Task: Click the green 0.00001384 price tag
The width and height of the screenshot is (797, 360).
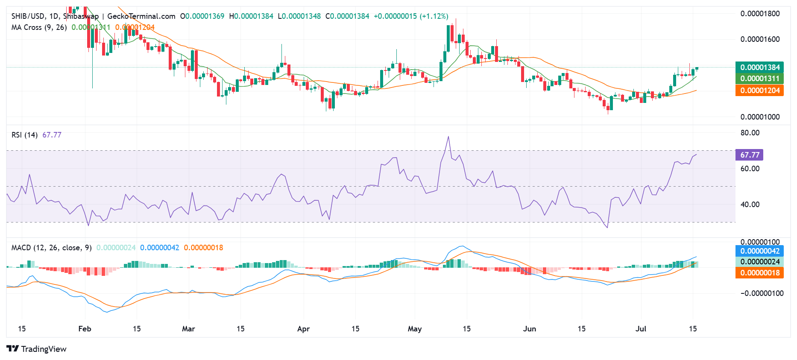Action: (759, 67)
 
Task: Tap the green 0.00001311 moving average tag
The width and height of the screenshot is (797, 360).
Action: (759, 79)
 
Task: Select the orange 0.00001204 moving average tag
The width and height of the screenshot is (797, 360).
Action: (759, 91)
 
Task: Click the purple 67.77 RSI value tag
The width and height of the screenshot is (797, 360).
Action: (750, 155)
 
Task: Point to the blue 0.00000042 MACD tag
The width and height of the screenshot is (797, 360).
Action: (759, 251)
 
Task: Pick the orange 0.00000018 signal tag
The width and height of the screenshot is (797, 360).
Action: (759, 273)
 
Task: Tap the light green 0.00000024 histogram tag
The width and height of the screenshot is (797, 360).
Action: (759, 262)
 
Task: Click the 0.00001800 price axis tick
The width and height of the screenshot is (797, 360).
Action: (760, 14)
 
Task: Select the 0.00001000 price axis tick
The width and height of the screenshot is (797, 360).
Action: (760, 117)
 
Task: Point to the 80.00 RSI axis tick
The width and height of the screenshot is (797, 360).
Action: (750, 133)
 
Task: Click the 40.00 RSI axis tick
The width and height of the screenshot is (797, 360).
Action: (750, 205)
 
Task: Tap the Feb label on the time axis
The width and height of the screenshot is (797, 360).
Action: (85, 329)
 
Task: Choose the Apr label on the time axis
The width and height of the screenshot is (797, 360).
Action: (303, 329)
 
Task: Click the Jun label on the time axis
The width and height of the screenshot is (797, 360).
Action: (530, 329)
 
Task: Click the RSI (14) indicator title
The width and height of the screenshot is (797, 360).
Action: (24, 135)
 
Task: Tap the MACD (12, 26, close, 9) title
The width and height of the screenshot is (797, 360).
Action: (51, 248)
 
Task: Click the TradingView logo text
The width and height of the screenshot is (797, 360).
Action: (44, 349)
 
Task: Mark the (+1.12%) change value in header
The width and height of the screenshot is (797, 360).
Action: (434, 16)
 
